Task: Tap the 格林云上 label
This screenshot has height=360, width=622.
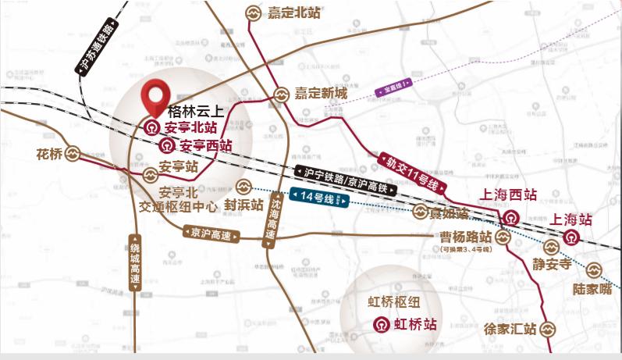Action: pos(195,112)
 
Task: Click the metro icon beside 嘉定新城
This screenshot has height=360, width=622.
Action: pos(282,93)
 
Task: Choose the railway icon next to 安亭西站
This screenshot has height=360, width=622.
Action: pos(168,145)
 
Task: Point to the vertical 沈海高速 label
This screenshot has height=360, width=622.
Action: pos(270,221)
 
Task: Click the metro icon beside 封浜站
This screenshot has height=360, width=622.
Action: pos(243,187)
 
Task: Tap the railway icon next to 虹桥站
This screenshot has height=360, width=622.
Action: pos(378,324)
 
